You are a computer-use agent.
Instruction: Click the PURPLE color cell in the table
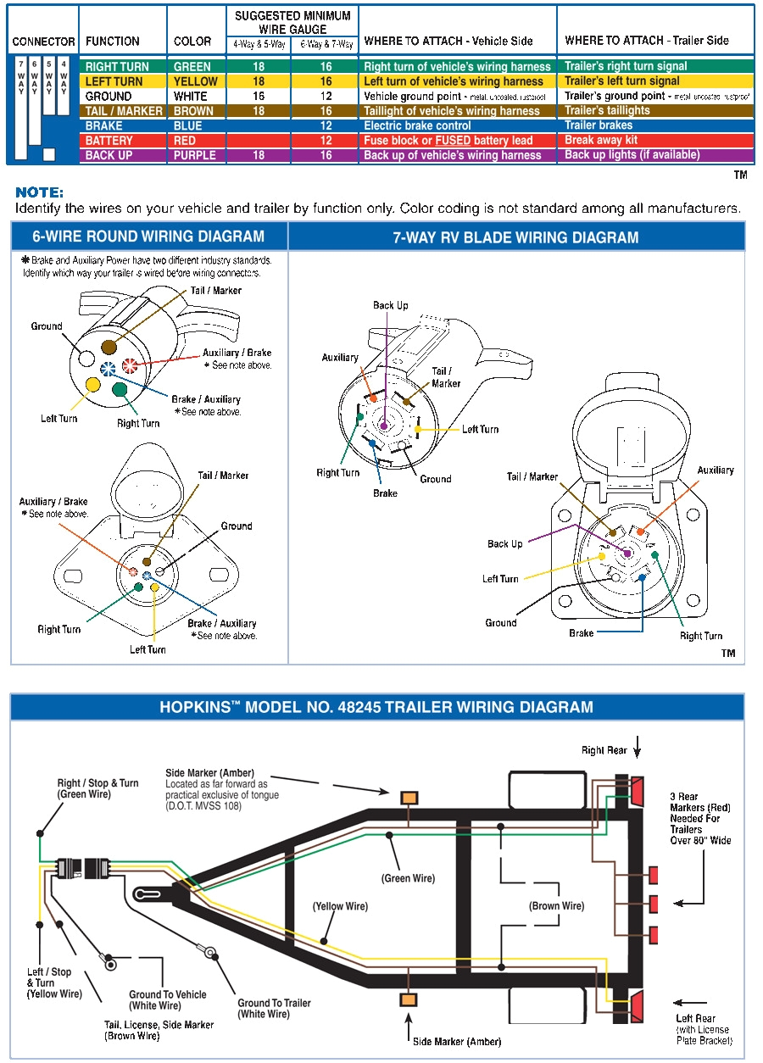point(194,156)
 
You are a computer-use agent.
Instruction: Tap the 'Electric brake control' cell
point(417,125)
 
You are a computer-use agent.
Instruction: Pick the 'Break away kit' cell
point(601,140)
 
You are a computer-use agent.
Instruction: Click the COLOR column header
point(192,41)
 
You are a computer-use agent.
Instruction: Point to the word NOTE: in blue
point(39,193)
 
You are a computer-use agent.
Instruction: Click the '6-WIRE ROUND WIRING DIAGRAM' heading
point(148,237)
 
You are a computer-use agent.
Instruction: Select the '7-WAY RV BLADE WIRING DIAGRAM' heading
point(515,237)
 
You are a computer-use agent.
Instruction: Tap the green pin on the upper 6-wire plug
point(120,391)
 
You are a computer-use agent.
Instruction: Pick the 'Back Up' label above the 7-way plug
point(390,305)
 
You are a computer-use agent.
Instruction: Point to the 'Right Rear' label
point(604,750)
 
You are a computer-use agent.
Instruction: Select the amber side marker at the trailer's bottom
point(409,1000)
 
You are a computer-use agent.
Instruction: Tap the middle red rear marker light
point(654,904)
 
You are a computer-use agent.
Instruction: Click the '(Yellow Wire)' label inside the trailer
point(340,906)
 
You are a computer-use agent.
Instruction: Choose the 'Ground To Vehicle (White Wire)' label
point(167,999)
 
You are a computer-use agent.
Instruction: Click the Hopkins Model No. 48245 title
point(376,707)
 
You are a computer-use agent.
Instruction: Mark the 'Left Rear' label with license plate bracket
point(696,1018)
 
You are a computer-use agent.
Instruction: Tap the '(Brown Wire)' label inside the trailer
point(557,906)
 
